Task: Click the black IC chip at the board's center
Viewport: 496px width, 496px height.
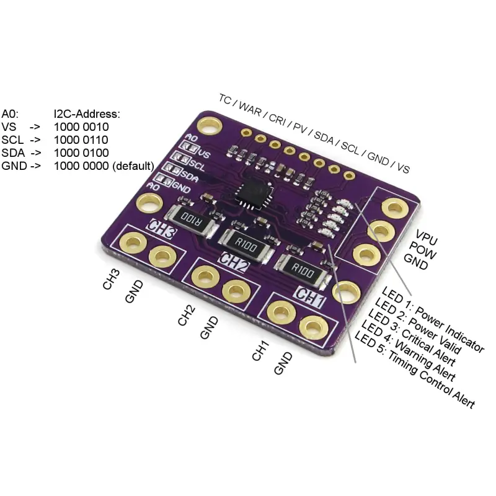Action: [255, 193]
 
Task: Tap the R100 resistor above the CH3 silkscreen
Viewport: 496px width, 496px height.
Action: [191, 219]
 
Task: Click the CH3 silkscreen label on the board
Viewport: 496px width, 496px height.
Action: [161, 228]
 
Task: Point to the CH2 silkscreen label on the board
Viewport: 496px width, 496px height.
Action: [234, 262]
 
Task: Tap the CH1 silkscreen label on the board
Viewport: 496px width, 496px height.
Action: [309, 298]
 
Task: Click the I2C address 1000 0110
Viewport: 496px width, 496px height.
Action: [81, 140]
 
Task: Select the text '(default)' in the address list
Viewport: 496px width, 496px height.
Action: [133, 166]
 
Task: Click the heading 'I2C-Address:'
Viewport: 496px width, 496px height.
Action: [87, 114]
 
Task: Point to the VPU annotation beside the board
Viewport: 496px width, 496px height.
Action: [427, 237]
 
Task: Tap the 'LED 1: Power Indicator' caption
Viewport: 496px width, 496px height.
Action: [433, 319]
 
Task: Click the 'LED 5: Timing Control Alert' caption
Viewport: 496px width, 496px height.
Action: [414, 369]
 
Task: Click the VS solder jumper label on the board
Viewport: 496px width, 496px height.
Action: [204, 154]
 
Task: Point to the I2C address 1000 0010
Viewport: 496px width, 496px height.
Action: [81, 127]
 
